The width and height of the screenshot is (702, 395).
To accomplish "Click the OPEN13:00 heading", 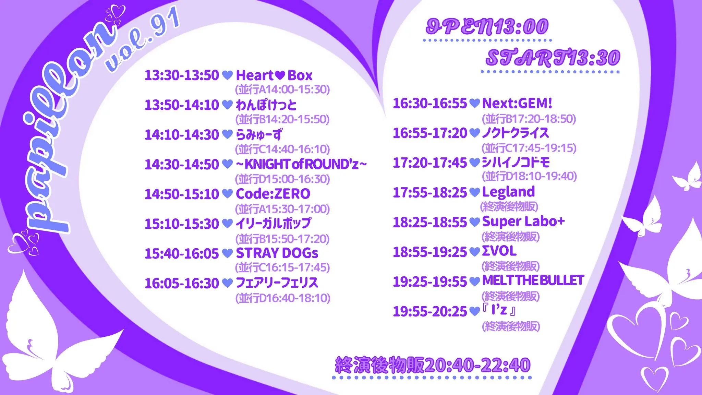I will [487, 27].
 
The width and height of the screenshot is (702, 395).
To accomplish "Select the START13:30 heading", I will [553, 58].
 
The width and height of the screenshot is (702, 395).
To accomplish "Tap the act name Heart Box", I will [274, 75].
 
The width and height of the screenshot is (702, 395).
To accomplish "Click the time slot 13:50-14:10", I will [182, 105].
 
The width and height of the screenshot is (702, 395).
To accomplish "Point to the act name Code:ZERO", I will [273, 194].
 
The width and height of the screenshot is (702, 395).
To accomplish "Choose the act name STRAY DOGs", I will [277, 253].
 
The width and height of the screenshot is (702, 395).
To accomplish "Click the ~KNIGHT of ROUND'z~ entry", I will [301, 165].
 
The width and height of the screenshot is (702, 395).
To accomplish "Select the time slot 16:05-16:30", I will [182, 283].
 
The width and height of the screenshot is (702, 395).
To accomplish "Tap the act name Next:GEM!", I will [517, 103].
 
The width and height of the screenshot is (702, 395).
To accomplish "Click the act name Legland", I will [508, 192].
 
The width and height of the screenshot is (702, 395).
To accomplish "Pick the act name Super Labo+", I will [523, 222].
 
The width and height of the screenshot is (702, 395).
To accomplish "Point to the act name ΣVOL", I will [499, 251].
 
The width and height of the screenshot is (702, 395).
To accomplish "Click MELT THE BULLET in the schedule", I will [533, 280].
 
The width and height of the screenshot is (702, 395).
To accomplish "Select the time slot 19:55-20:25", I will [430, 311].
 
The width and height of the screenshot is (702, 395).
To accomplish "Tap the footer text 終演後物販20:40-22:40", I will [433, 365].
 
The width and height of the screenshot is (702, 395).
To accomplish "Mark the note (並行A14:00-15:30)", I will [282, 89].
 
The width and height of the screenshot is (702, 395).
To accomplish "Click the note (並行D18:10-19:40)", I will [529, 176].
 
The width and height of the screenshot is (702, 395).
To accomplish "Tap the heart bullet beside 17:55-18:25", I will [474, 192].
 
